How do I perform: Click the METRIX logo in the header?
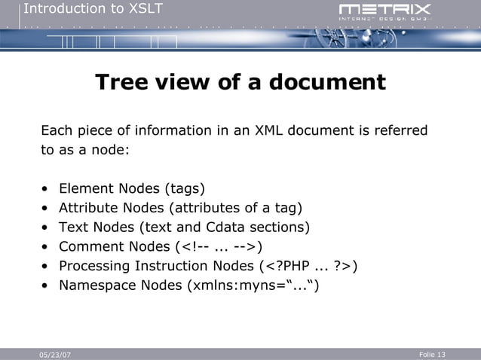pos(384,11)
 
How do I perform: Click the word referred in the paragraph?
pos(401,131)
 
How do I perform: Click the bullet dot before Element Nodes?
pos(46,189)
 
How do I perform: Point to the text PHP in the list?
pos(293,267)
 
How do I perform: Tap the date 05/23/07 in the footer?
pos(55,355)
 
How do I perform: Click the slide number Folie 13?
pos(431,354)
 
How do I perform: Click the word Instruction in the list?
pos(174,267)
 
